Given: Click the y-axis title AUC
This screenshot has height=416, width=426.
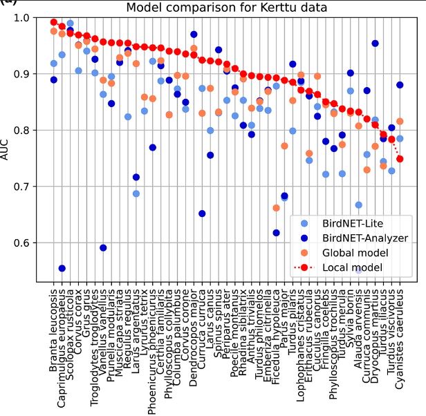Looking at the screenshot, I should pos(6,149).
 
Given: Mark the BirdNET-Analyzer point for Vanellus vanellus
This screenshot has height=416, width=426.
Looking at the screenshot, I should pos(103,247).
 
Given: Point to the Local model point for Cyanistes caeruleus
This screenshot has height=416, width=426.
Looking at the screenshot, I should pos(400,159).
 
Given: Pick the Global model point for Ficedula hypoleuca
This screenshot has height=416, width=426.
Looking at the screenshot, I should pos(276,208).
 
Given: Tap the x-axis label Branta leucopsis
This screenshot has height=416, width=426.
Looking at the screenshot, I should pos(54,325).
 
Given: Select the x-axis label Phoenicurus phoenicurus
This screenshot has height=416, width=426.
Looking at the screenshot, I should pos(153,345).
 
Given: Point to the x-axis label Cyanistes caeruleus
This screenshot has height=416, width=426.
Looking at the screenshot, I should pos(400,334).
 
